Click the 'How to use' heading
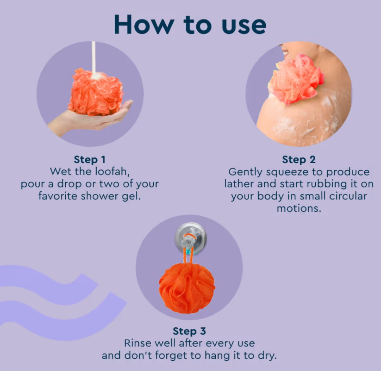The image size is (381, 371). click(x=190, y=25)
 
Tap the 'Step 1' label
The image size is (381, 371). click(x=90, y=159)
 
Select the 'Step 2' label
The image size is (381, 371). click(x=299, y=159)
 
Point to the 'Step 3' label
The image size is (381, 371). click(x=189, y=331)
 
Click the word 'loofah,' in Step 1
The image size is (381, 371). click(x=112, y=172)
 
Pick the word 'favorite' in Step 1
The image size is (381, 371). click(x=58, y=196)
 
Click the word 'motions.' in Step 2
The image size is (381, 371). click(x=299, y=208)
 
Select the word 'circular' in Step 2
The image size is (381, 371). click(x=348, y=196)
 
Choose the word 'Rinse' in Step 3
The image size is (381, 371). click(x=138, y=343)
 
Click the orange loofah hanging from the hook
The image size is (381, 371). click(x=187, y=288)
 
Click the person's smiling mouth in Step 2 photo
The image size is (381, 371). click(x=285, y=53)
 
